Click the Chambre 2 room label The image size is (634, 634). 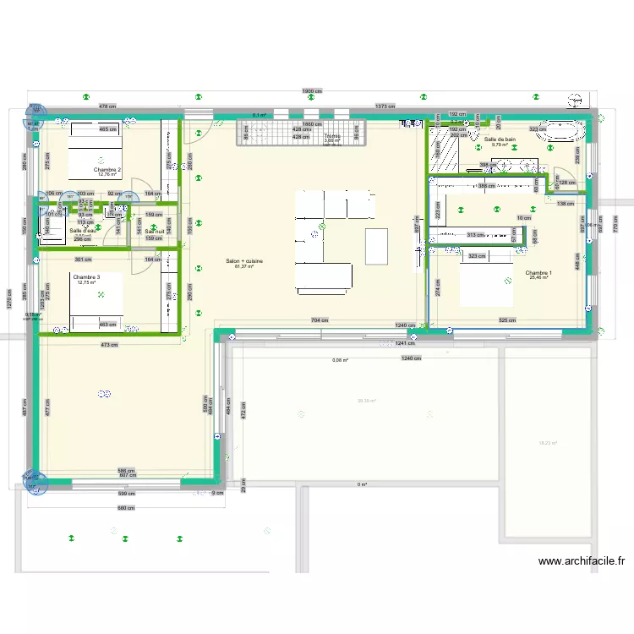coord(107,170)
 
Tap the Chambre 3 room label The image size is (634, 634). coord(86,277)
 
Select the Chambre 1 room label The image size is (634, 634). coord(538,273)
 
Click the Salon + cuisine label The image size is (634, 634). coord(244,262)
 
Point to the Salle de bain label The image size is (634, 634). coord(500,139)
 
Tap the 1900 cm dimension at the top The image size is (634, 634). coord(312,92)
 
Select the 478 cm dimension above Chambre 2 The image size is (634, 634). coord(107,107)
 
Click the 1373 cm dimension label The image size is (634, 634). coord(385,107)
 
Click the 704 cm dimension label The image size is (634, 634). coord(320,320)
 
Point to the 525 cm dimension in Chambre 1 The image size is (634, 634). coord(508,320)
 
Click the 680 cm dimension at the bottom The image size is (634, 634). coord(125,508)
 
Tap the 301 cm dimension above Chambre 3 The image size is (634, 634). coord(82,260)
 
